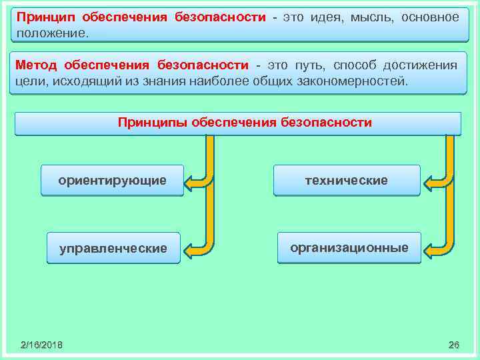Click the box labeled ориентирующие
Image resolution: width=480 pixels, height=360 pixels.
[112, 181]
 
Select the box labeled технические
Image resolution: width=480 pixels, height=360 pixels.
[346, 181]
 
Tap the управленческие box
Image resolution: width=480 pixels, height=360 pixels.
[113, 249]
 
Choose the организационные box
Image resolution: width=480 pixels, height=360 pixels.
[349, 248]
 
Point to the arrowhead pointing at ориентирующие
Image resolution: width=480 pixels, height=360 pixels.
[190, 182]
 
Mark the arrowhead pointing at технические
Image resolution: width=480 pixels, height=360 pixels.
[429, 182]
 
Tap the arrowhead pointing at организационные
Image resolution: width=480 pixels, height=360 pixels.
[429, 251]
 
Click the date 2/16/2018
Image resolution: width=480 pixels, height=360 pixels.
[41, 345]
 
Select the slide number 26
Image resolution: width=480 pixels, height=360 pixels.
[454, 345]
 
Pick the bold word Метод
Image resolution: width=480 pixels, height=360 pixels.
[37, 65]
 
